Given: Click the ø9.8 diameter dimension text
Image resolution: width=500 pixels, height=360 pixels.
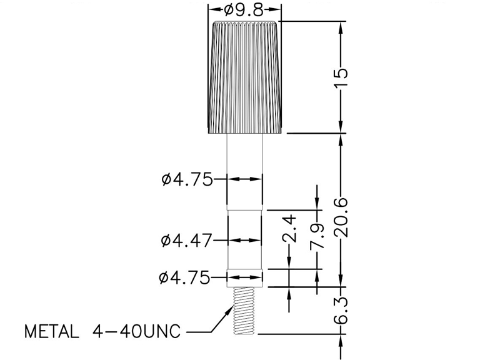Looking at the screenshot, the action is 244,10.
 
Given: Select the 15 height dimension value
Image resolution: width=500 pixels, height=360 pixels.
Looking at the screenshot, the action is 341,77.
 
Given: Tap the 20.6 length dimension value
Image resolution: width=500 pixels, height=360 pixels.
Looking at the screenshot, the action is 341,217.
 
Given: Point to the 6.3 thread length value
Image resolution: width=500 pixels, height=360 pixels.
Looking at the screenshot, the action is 341,311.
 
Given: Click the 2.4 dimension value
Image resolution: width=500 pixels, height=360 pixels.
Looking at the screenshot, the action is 289,228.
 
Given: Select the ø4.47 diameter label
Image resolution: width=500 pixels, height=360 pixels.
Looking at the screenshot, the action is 186,240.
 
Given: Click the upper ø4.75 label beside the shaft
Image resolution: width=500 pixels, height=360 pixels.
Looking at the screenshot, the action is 187,179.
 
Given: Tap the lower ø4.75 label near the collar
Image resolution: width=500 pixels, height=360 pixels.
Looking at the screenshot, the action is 184,277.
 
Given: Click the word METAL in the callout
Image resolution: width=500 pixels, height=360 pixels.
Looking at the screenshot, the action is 52,332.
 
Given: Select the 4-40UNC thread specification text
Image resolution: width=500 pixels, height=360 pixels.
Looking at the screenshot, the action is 136,332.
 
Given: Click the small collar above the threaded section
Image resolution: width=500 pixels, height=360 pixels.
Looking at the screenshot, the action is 244,278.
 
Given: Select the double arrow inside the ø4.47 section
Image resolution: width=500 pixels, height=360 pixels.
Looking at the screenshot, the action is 244,240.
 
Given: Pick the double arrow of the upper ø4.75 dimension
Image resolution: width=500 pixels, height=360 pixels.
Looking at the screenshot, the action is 244,179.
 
